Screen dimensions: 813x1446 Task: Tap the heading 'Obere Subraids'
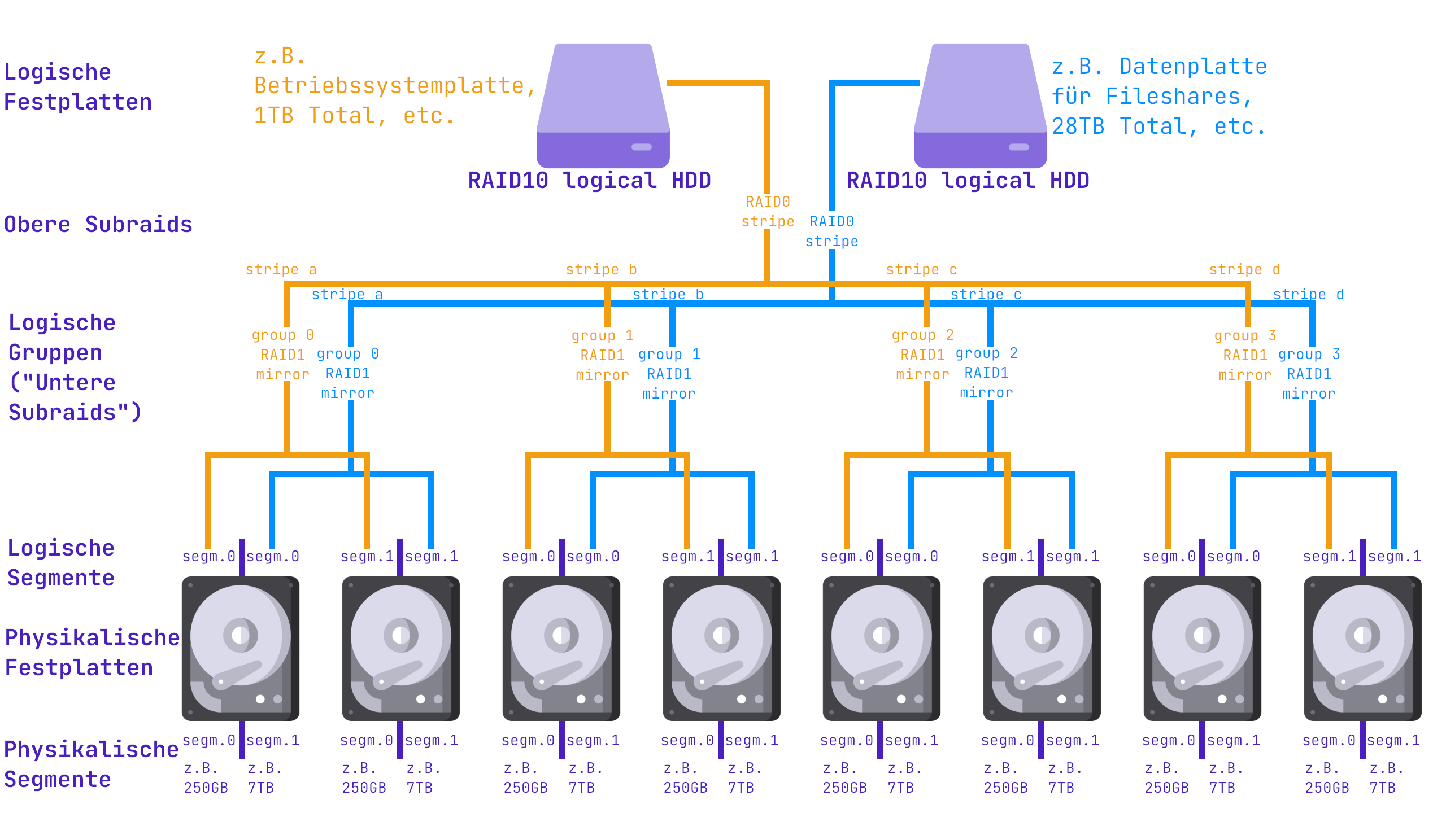[98, 225]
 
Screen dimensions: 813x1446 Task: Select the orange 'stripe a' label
[281, 269]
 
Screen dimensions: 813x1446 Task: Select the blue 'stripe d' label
[1308, 294]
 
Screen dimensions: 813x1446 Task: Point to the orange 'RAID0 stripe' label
[768, 212]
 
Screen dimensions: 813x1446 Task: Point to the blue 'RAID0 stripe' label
[831, 231]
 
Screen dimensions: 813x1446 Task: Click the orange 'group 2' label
[922, 335]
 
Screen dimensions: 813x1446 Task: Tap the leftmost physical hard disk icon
[241, 648]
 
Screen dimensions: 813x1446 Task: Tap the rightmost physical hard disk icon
[1362, 648]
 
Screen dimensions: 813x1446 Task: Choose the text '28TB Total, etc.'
[1158, 126]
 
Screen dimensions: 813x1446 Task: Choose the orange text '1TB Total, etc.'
[354, 116]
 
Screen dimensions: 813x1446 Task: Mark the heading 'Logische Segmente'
[61, 563]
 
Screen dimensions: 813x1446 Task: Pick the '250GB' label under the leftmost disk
[206, 788]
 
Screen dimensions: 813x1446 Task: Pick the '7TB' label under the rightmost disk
[1382, 788]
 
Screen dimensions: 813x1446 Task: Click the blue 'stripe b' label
[668, 294]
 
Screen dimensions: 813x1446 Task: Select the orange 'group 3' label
[1245, 335]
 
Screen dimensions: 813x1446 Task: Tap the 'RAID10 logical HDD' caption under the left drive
[589, 181]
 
